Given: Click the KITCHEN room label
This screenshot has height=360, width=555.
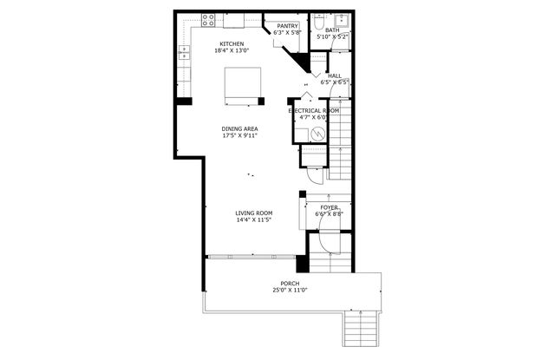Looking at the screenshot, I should [x=232, y=44].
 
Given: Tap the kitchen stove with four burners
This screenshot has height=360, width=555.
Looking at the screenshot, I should [x=209, y=18].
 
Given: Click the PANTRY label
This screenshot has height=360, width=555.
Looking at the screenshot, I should [x=288, y=26].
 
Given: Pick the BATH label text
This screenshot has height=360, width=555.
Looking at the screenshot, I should [x=332, y=30].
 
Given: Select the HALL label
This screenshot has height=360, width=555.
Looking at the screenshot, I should [x=334, y=75].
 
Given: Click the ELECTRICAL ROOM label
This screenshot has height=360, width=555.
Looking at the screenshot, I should [x=314, y=111].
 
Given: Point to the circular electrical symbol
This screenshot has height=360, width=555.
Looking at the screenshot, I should [x=317, y=134].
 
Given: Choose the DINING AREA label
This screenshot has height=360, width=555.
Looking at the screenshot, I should [x=239, y=128].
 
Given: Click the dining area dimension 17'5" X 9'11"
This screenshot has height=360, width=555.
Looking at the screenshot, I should [x=239, y=135].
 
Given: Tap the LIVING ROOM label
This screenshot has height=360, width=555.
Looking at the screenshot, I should [x=254, y=213].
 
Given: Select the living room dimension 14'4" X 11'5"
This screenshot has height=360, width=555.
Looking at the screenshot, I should [x=254, y=219].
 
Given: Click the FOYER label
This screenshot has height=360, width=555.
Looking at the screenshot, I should [x=330, y=207].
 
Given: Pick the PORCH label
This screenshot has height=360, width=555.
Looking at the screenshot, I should [x=290, y=284].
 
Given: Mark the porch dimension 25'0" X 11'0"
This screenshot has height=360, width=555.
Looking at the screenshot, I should [x=290, y=291].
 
